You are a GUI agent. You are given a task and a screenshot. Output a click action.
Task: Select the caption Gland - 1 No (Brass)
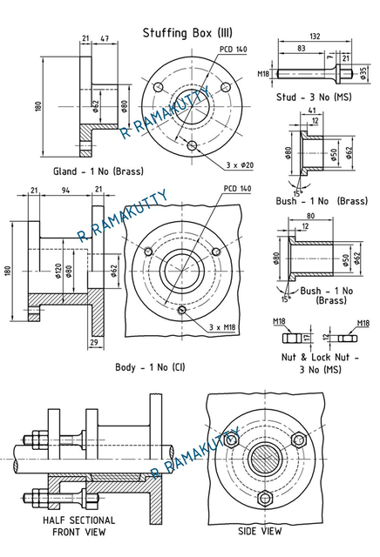pyautogui.click(x=98, y=171)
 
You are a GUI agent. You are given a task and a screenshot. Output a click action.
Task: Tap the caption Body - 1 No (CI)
pyautogui.click(x=150, y=367)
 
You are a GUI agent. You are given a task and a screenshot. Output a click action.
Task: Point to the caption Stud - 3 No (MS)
pyautogui.click(x=312, y=96)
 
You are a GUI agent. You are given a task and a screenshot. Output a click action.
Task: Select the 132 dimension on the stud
pyautogui.click(x=315, y=37)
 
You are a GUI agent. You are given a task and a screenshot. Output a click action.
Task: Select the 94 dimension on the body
pyautogui.click(x=64, y=190)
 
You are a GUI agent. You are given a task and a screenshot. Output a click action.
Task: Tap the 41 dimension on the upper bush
pyautogui.click(x=311, y=111)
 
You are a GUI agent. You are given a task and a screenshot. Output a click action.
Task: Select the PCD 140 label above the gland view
pyautogui.click(x=233, y=50)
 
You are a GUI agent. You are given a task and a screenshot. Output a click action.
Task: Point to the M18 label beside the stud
pyautogui.click(x=263, y=74)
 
